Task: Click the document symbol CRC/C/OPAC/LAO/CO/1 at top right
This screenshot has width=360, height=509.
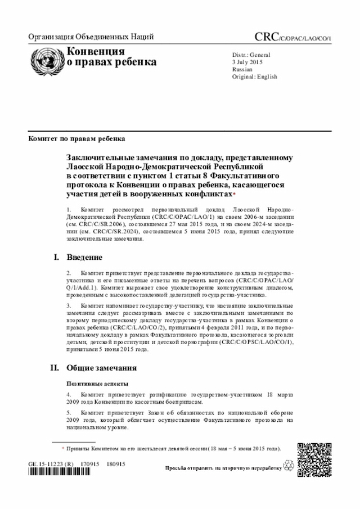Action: click(x=292, y=38)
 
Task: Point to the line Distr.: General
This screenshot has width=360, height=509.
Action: click(x=251, y=55)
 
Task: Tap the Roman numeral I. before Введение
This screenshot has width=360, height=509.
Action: click(x=56, y=258)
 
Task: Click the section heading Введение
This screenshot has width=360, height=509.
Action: click(x=84, y=258)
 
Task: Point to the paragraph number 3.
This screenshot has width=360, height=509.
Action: click(x=69, y=305)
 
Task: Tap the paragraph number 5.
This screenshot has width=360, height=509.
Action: click(x=69, y=412)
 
